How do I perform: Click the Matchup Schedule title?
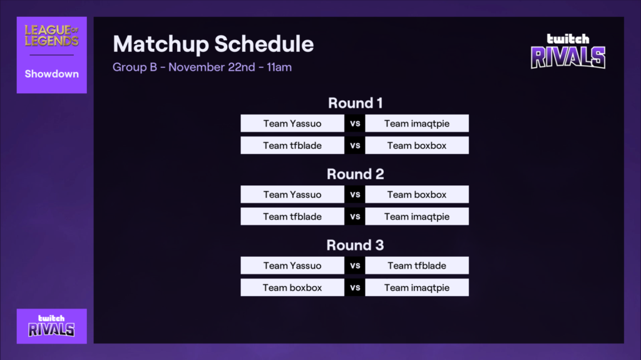pyautogui.click(x=213, y=44)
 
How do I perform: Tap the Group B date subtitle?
pyautogui.click(x=202, y=67)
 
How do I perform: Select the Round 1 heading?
pyautogui.click(x=355, y=103)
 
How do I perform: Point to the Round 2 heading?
pyautogui.click(x=355, y=174)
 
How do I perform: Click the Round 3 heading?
pyautogui.click(x=355, y=245)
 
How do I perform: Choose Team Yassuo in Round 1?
pyautogui.click(x=292, y=123)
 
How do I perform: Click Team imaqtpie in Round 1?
pyautogui.click(x=417, y=123)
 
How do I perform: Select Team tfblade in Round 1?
pyautogui.click(x=292, y=146)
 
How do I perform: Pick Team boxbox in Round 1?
pyautogui.click(x=417, y=146)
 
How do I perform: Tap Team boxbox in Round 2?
pyautogui.click(x=417, y=195)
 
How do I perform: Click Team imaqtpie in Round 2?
pyautogui.click(x=417, y=217)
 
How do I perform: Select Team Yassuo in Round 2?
pyautogui.click(x=292, y=195)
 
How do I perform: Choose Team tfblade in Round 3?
pyautogui.click(x=417, y=266)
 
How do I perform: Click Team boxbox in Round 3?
pyautogui.click(x=292, y=288)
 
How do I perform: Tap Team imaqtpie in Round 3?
pyautogui.click(x=417, y=288)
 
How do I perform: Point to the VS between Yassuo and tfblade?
pyautogui.click(x=355, y=266)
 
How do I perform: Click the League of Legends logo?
pyautogui.click(x=51, y=36)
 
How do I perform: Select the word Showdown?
pyautogui.click(x=51, y=74)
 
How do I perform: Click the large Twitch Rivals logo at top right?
pyautogui.click(x=568, y=51)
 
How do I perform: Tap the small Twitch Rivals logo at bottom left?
pyautogui.click(x=51, y=326)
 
